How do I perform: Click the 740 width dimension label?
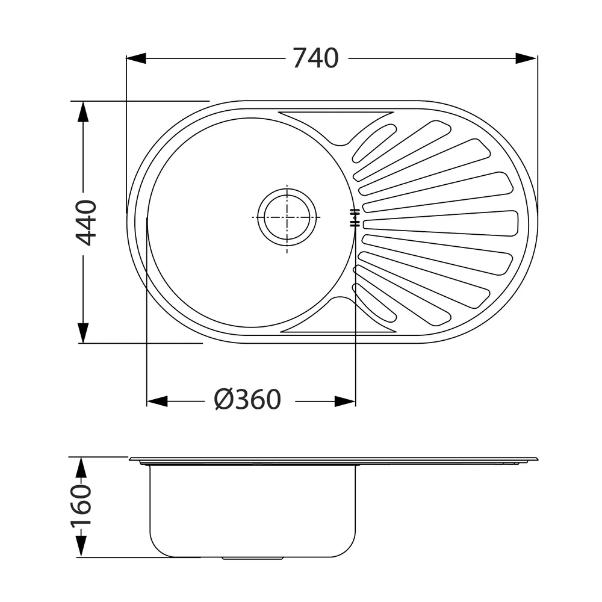315,58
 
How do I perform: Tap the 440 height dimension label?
86,223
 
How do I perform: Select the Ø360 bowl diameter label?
247,400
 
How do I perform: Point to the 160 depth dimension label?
81,505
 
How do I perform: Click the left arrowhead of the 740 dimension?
136,58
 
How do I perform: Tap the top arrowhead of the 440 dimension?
83,111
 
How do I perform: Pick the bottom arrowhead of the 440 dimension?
83,333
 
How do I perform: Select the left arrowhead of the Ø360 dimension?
157,402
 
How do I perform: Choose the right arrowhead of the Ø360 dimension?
345,402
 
